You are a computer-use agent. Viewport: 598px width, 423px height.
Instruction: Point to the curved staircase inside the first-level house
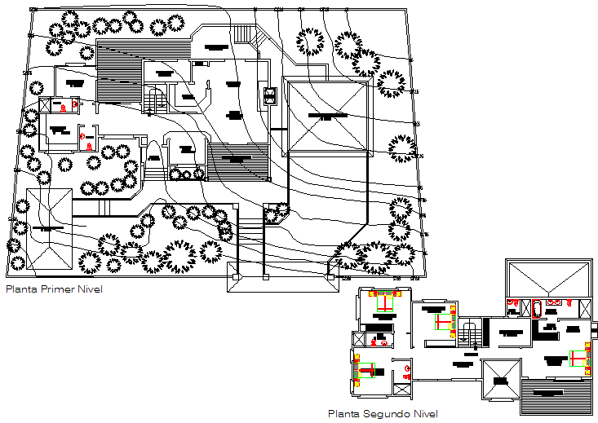(x=156, y=100)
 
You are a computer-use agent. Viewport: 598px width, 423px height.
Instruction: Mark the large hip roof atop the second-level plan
(x=547, y=281)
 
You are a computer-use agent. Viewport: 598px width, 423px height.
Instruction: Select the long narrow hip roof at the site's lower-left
(x=46, y=228)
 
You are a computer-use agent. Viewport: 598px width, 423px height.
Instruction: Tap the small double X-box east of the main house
(x=271, y=96)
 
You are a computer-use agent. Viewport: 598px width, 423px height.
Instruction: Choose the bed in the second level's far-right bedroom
(x=578, y=359)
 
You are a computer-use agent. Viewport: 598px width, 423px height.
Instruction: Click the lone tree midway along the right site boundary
(x=402, y=148)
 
